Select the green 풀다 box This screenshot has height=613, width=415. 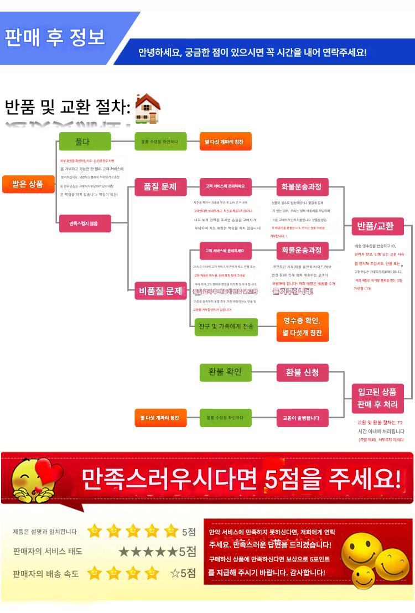84,142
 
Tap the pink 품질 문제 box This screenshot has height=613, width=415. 160,187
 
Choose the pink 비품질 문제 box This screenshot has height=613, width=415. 160,291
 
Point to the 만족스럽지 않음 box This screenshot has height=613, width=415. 85,224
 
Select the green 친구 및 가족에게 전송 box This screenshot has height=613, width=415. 225,327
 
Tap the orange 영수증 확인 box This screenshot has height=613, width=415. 302,327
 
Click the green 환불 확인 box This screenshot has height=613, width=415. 225,373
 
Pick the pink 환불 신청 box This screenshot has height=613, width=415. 302,373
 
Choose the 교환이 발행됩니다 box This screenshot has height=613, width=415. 302,418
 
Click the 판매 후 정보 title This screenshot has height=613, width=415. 55,38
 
